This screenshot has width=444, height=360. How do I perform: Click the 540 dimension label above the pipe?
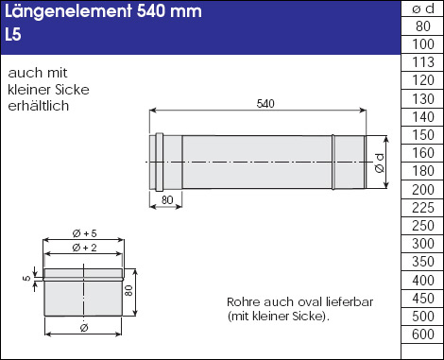(x=265, y=104)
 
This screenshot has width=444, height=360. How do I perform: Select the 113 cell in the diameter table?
(x=423, y=62)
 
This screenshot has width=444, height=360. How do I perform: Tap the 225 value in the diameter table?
(x=423, y=208)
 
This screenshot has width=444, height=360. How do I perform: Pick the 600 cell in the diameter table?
(x=423, y=334)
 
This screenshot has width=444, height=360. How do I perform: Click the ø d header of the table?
(x=423, y=9)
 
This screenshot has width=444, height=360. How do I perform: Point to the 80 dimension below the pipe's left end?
(x=167, y=199)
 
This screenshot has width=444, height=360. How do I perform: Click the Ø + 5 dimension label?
(x=84, y=233)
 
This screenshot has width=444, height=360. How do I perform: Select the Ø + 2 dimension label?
(x=84, y=248)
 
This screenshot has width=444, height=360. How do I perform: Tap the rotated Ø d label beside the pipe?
(x=380, y=163)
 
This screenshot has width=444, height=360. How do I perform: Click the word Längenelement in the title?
(x=68, y=11)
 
